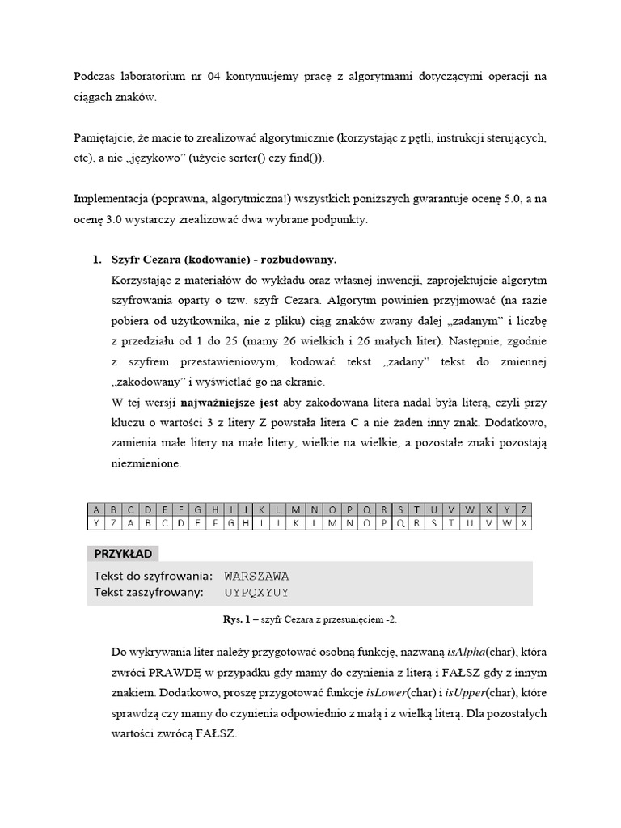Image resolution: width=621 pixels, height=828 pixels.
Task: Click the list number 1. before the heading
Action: (96, 260)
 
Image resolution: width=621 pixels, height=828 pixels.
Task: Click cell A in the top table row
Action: (96, 509)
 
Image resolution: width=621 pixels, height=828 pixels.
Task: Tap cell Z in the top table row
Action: (525, 509)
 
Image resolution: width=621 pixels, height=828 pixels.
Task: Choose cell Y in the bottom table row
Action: (96, 523)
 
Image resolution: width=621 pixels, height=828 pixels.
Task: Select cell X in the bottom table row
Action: (525, 523)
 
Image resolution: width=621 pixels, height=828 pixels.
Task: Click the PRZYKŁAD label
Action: (124, 554)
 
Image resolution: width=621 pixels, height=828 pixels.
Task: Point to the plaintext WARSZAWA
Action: (256, 577)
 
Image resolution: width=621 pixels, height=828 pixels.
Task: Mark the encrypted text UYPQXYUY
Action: (256, 593)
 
